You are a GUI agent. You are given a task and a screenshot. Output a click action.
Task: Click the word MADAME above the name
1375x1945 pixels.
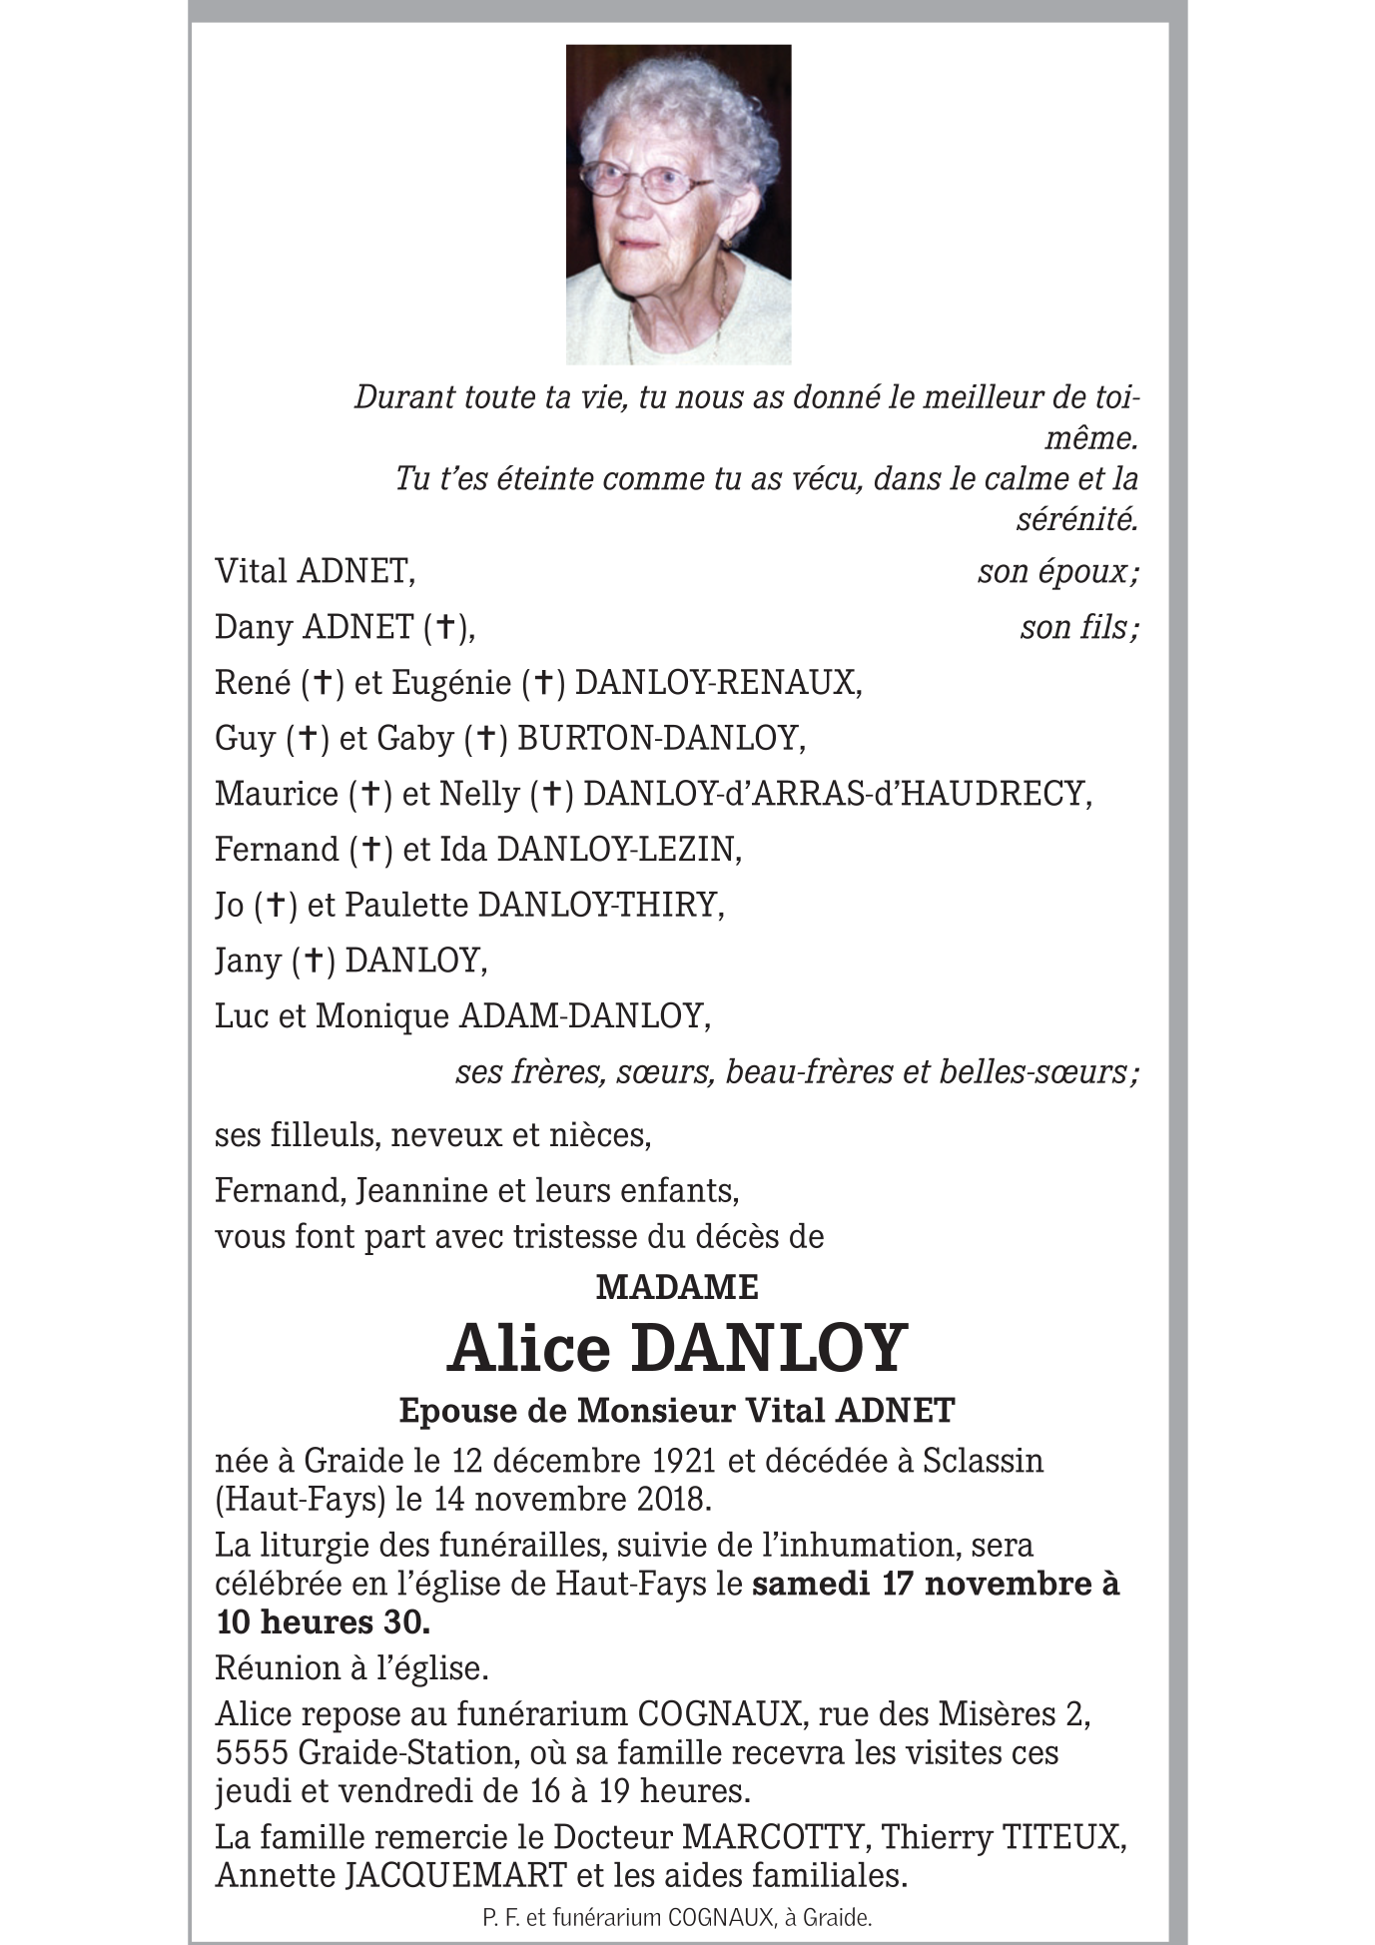click(677, 1287)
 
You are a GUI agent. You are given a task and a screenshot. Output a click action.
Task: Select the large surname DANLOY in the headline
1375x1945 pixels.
click(769, 1348)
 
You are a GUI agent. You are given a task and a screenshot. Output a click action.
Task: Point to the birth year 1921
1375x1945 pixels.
click(684, 1461)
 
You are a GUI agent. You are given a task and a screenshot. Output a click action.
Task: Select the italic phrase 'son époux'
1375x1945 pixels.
click(1053, 572)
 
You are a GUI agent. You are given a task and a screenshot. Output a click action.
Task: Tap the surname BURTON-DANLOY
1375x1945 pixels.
click(659, 739)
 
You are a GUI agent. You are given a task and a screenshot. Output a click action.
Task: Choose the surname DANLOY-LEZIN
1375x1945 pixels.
click(617, 850)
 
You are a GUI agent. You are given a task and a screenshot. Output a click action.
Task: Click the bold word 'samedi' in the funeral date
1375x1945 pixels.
click(811, 1585)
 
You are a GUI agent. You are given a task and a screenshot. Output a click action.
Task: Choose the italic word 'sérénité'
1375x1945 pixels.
click(1076, 519)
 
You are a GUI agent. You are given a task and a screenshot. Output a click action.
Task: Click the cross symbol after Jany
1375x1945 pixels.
click(313, 961)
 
